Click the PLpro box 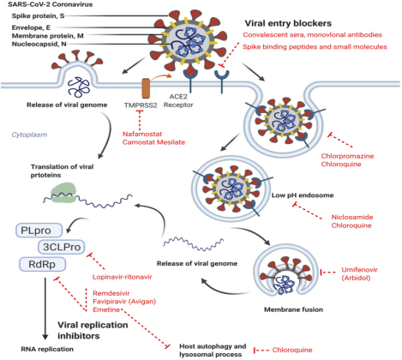click(x=39, y=231)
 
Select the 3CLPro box click(x=62, y=247)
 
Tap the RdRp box click(x=42, y=264)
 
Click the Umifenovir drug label click(x=359, y=270)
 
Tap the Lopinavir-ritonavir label click(x=122, y=277)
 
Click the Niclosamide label click(x=352, y=217)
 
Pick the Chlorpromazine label click(x=347, y=156)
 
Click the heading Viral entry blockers click(x=288, y=23)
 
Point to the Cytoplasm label click(x=29, y=135)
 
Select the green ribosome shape click(x=63, y=193)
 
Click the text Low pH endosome click(x=303, y=195)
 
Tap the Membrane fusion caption click(x=293, y=309)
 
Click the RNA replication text click(x=47, y=349)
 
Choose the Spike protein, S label click(x=38, y=16)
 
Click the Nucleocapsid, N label click(x=39, y=44)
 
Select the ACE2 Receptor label click(x=178, y=101)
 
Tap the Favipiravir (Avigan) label click(x=124, y=302)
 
